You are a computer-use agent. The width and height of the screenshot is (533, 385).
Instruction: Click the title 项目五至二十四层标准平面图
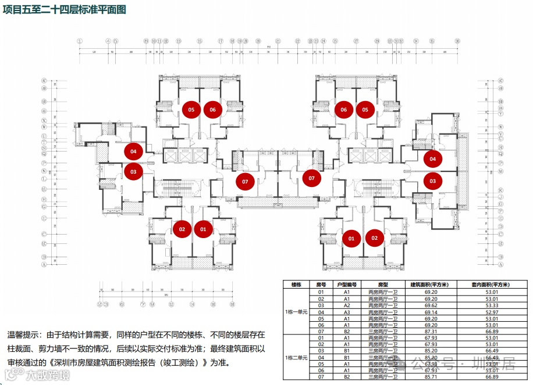coord(63,10)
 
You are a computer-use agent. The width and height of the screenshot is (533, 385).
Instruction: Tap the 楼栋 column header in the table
coord(296,285)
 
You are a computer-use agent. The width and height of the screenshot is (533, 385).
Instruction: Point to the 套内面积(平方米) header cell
coord(491,285)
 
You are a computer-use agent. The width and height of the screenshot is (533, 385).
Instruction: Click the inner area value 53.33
coord(491,305)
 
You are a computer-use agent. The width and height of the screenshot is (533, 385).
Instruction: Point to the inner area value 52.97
coord(491,312)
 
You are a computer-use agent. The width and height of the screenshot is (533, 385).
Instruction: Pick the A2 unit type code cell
coord(346,305)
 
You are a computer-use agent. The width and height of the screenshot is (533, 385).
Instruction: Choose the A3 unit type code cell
coord(346,312)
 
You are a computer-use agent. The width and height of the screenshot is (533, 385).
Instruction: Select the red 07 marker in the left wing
coord(245,182)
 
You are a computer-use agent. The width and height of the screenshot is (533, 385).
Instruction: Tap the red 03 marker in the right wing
coord(432,181)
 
